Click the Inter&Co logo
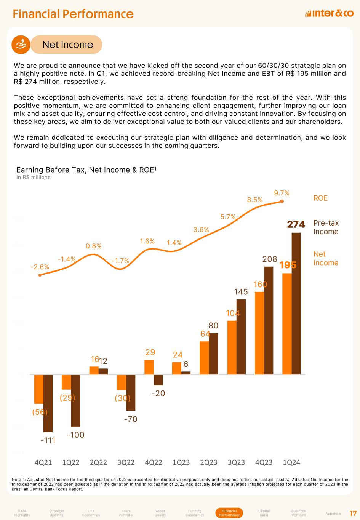tap(329, 14)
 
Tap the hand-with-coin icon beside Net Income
tap(21, 45)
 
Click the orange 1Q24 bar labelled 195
tap(287, 324)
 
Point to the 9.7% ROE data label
tap(282, 193)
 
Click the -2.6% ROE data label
tap(40, 267)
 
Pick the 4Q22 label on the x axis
tap(154, 462)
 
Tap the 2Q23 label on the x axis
tap(209, 462)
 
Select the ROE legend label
tap(320, 198)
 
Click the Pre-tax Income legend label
tap(326, 227)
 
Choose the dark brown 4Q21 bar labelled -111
tap(48, 403)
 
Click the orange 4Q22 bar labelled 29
tap(149, 367)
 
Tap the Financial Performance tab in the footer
tap(229, 513)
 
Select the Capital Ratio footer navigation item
tap(264, 513)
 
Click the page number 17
tap(353, 514)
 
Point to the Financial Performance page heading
tap(73, 14)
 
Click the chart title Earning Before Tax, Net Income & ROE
tap(86, 170)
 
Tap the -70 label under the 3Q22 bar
tap(131, 419)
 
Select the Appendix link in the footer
tap(333, 514)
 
